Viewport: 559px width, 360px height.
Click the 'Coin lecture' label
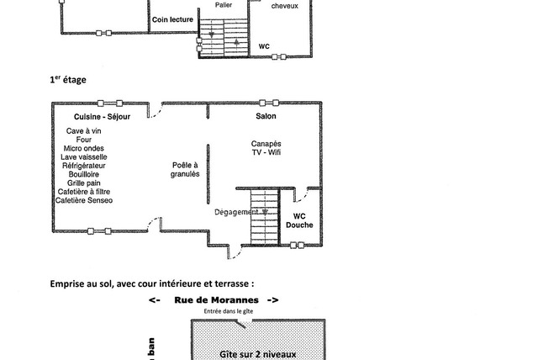click(172, 19)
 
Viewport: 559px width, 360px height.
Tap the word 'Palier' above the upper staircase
click(224, 4)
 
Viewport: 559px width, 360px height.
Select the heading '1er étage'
click(68, 80)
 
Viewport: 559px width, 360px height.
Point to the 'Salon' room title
click(266, 116)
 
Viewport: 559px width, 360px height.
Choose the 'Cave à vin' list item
click(84, 131)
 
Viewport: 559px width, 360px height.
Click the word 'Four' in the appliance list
click(84, 140)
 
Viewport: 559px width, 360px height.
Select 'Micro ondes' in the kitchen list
click(84, 148)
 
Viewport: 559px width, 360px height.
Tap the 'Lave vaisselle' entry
click(84, 157)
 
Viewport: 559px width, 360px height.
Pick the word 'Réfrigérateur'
click(84, 166)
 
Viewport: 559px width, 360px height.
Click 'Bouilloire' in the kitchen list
click(84, 174)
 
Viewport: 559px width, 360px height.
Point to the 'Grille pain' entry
click(84, 183)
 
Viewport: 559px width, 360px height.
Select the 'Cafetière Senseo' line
click(84, 200)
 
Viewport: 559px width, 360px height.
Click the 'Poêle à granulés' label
click(185, 170)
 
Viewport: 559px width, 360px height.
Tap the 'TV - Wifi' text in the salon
click(266, 153)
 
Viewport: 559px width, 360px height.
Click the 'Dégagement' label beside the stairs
click(236, 212)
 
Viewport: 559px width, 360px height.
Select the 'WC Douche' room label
click(299, 220)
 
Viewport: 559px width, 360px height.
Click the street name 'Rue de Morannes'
click(214, 299)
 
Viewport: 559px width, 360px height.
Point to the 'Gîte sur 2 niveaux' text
click(257, 355)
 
